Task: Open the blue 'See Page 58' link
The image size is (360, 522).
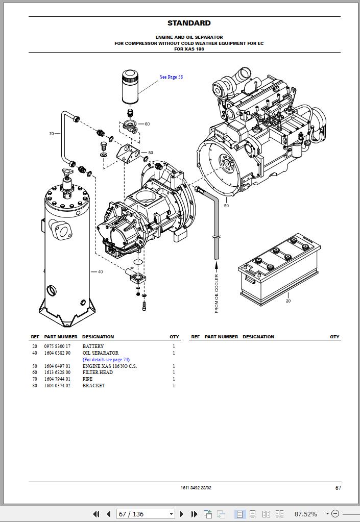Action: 171,77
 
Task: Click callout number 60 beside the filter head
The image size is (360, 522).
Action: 147,124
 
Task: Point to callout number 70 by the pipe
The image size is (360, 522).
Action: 52,134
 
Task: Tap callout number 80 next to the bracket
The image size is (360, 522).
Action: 150,153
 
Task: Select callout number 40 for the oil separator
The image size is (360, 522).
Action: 100,271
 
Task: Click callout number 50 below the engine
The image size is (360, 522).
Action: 226,206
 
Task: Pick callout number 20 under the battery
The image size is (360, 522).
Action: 288,301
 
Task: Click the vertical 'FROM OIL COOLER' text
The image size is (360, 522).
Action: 216,293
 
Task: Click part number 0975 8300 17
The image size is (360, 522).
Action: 57,346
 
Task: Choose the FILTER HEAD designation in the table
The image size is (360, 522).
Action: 98,372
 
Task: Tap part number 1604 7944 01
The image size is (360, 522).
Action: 57,379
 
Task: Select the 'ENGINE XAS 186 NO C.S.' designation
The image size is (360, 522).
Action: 110,366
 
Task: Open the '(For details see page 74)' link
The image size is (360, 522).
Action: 106,360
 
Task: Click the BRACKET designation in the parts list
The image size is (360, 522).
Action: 93,386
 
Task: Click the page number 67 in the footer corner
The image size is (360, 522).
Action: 338,488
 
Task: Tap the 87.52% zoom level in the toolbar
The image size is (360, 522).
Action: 306,514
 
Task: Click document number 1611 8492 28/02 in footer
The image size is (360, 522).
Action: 196,488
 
